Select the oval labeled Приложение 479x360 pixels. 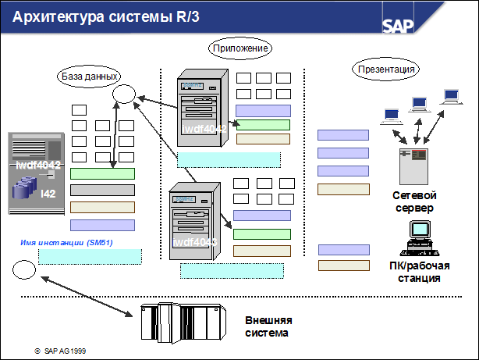pos(241,48)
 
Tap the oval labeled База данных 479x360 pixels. pos(90,77)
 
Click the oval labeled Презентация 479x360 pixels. pos(386,68)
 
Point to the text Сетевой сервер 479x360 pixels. pos(413,201)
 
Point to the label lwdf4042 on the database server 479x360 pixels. pos(39,166)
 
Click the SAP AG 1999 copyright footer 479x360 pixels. pos(60,351)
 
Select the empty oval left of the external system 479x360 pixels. pos(23,270)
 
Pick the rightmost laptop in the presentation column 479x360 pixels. pos(450,98)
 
